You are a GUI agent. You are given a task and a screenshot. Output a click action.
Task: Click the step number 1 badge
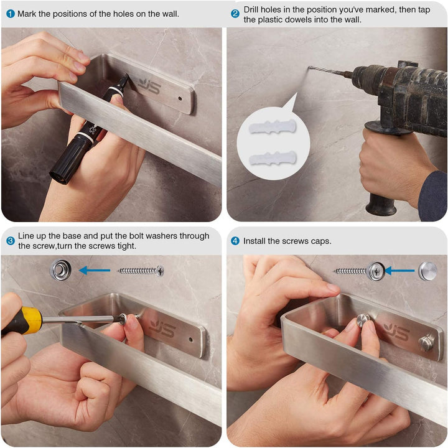click(10, 13)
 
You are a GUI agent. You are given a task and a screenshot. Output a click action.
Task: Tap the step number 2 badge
click(235, 13)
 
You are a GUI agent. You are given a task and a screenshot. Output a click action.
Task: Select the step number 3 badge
click(10, 241)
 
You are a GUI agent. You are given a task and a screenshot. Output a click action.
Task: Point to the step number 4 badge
click(235, 241)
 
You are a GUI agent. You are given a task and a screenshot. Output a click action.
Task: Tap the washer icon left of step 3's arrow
click(60, 270)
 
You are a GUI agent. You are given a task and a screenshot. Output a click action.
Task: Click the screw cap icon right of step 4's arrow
click(427, 271)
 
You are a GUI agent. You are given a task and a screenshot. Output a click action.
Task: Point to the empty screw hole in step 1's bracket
click(181, 98)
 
